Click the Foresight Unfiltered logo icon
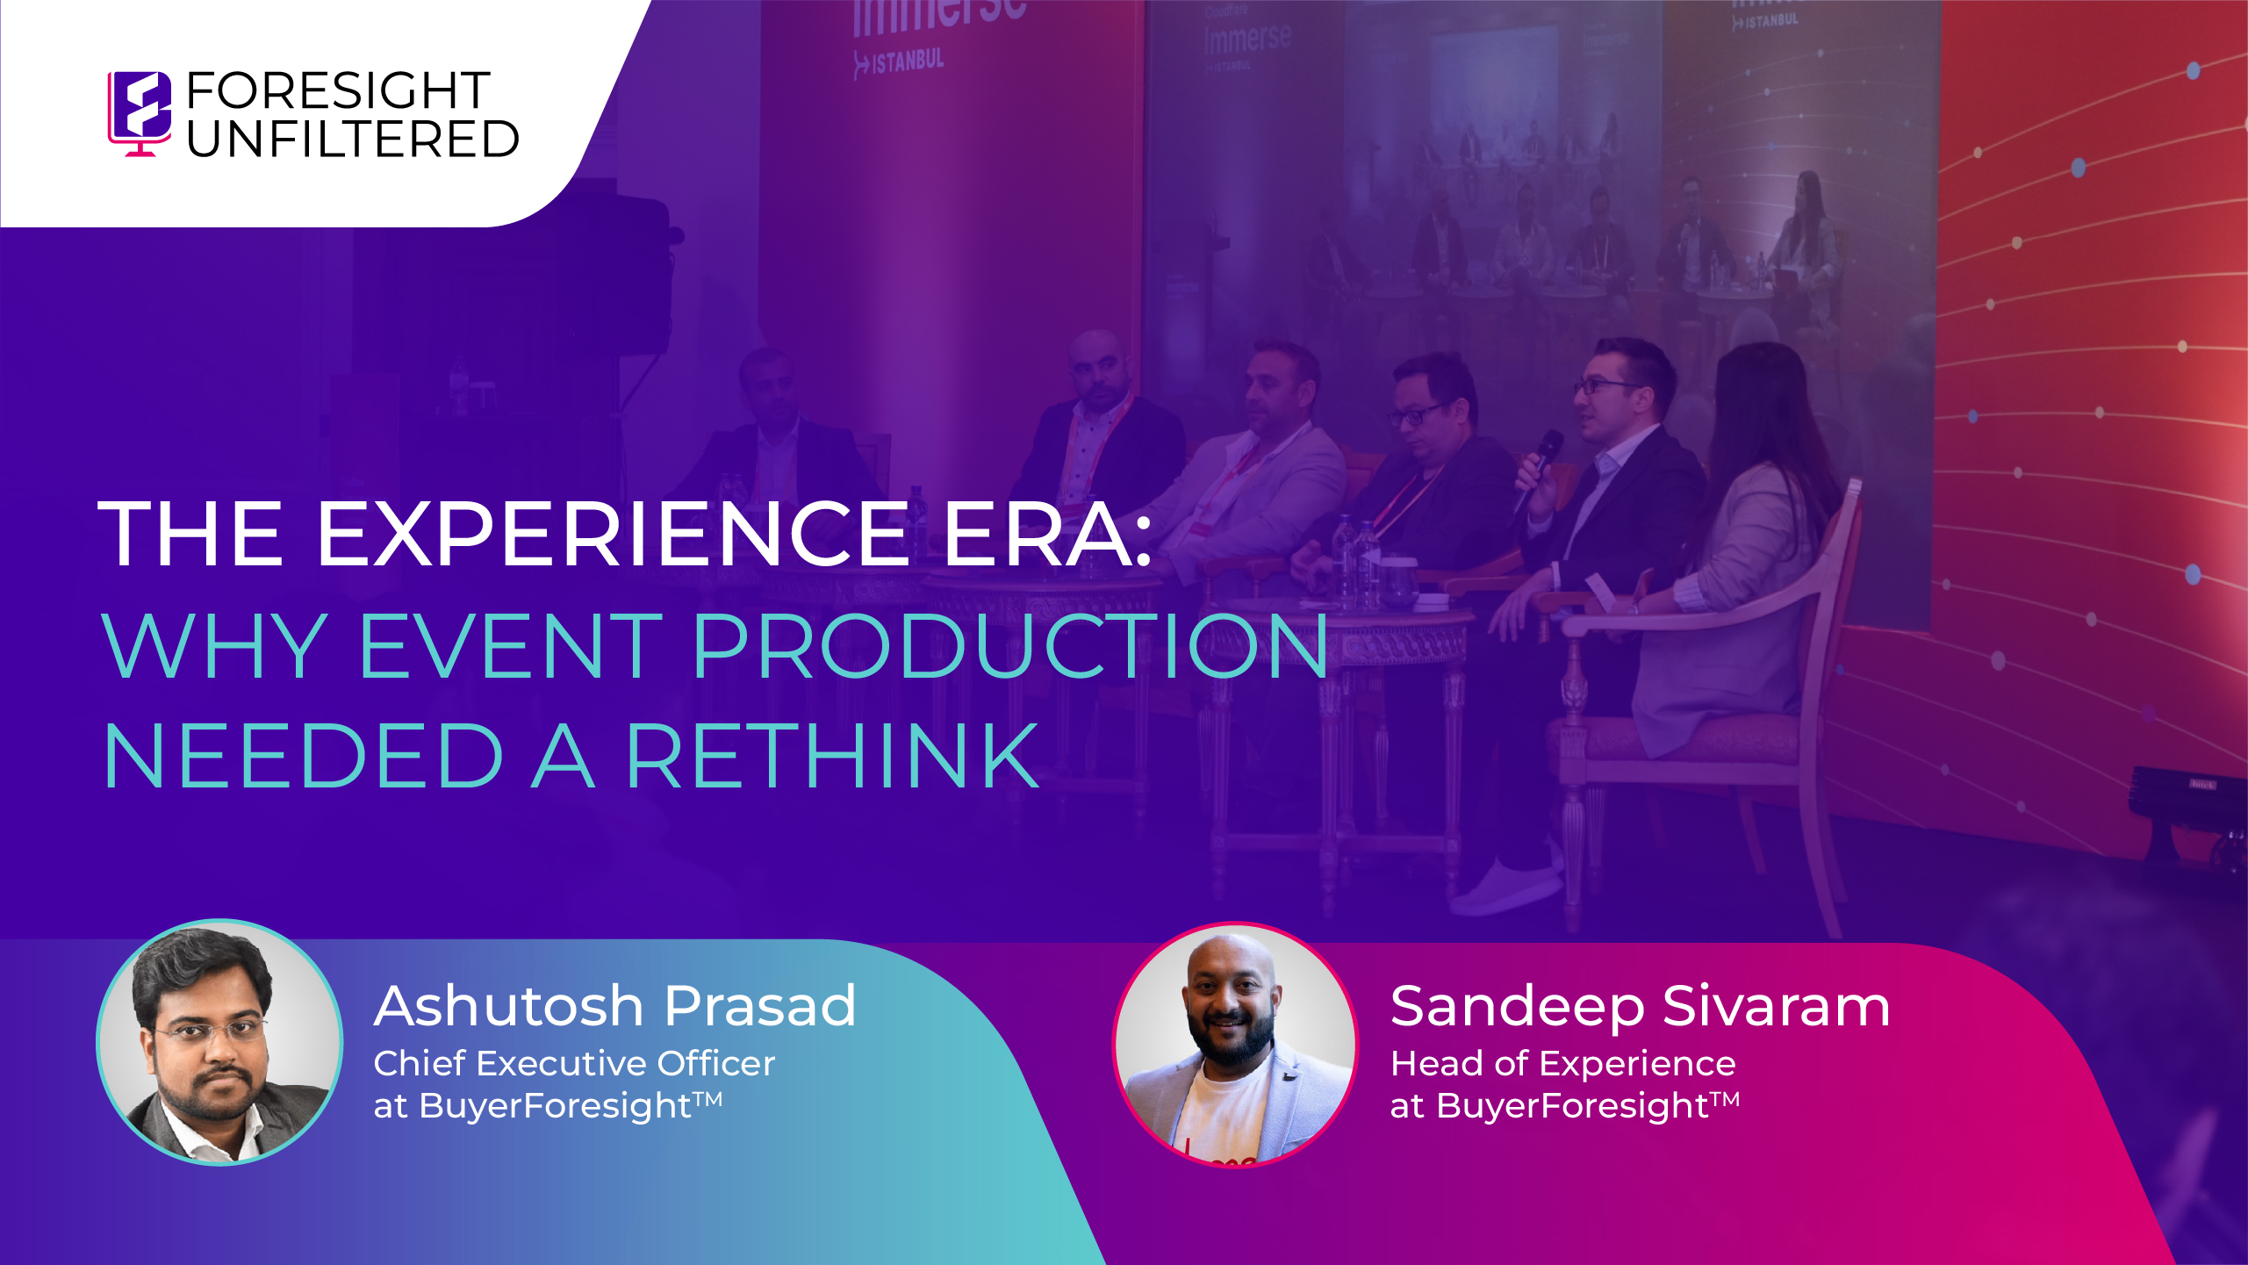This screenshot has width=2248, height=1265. tap(140, 112)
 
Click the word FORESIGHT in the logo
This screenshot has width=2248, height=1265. tap(338, 90)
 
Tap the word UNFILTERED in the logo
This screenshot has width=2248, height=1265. tap(353, 140)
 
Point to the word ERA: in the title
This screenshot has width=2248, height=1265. tap(1047, 534)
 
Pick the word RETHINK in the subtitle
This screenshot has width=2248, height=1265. tap(832, 756)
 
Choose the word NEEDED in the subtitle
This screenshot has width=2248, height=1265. tap(304, 756)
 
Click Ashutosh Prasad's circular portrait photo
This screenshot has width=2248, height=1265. tap(219, 1042)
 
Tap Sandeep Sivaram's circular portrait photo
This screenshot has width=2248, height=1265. tap(1235, 1045)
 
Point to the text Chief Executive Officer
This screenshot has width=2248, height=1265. tap(574, 1063)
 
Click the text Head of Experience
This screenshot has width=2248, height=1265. tap(1562, 1063)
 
